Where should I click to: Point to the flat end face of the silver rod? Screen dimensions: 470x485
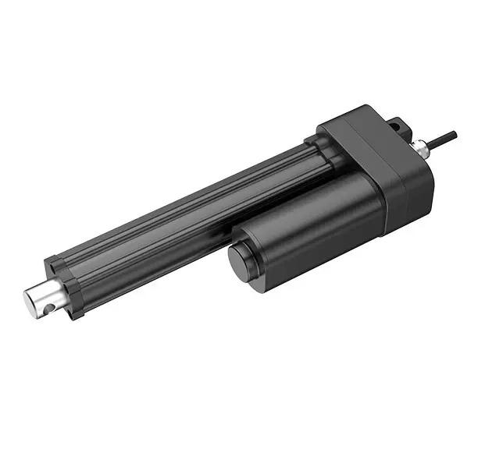click(30, 305)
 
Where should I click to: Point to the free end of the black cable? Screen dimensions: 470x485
click(455, 134)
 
